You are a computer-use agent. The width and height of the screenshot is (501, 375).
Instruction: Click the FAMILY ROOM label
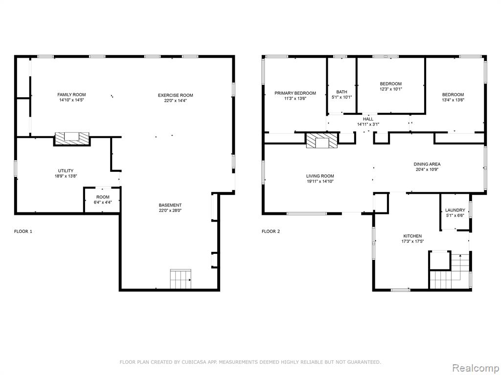[71, 95]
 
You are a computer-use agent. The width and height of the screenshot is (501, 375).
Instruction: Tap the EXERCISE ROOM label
[176, 95]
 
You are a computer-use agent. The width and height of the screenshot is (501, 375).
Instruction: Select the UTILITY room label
[66, 171]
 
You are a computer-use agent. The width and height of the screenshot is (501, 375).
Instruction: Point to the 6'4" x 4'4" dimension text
[103, 202]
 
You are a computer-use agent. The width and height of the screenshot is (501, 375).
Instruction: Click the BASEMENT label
[170, 206]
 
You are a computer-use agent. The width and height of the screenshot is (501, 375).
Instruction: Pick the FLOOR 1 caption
[23, 231]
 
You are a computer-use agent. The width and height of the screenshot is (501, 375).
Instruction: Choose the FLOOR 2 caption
[271, 231]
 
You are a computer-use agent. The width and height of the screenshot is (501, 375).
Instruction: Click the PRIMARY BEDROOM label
[295, 93]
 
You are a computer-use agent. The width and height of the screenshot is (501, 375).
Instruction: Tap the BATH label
[342, 92]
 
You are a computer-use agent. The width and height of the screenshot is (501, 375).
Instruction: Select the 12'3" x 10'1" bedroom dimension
[391, 89]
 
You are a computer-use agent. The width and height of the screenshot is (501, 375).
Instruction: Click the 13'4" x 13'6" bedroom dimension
[453, 100]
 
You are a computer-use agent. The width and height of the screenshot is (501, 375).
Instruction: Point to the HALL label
[368, 119]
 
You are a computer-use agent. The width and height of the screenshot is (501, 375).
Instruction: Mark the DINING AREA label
[427, 164]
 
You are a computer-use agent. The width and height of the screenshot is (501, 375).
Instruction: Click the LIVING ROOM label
[320, 176]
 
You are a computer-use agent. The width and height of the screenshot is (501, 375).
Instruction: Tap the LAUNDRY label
[455, 210]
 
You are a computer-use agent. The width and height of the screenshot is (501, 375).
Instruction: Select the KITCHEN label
[412, 236]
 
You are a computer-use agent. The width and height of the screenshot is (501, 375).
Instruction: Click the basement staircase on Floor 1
[181, 279]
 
